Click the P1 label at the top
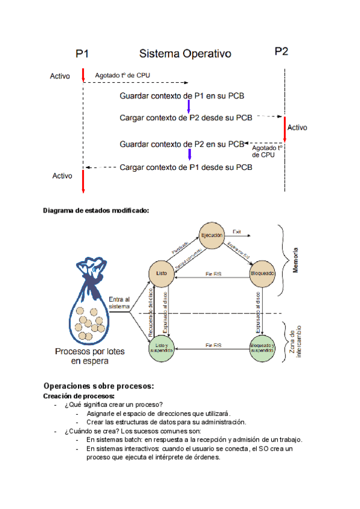point(83,53)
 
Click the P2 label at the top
point(281,52)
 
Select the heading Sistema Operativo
point(185,54)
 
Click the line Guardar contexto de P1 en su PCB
point(182,96)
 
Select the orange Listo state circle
point(161,273)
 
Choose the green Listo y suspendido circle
point(161,348)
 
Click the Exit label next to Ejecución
point(236,232)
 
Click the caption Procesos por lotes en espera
point(91,357)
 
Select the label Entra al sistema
point(119,303)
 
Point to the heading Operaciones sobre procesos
point(99,385)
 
